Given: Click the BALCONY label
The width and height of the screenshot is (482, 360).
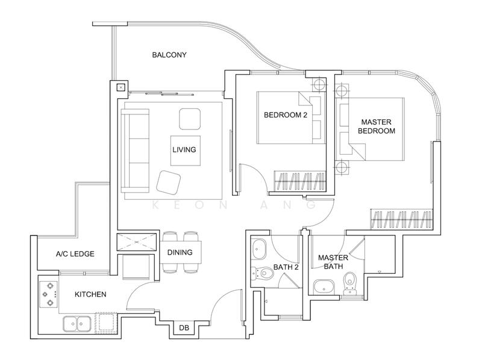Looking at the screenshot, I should point(169,55).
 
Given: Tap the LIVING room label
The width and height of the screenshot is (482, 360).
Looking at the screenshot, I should point(184,150).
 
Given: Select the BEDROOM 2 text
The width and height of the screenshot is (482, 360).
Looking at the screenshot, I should point(286,115).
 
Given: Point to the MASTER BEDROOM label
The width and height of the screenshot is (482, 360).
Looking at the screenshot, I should point(377,126).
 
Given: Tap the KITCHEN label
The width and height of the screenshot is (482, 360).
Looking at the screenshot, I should point(90,294).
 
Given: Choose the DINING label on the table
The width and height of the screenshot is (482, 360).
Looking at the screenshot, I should point(180,252).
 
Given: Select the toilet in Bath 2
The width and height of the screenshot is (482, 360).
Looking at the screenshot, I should point(262,273).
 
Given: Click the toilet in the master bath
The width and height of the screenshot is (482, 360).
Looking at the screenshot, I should point(349,283).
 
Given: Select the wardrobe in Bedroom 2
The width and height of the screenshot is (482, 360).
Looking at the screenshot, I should point(299,180).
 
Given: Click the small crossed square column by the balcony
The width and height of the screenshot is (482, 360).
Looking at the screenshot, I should point(121,87).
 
